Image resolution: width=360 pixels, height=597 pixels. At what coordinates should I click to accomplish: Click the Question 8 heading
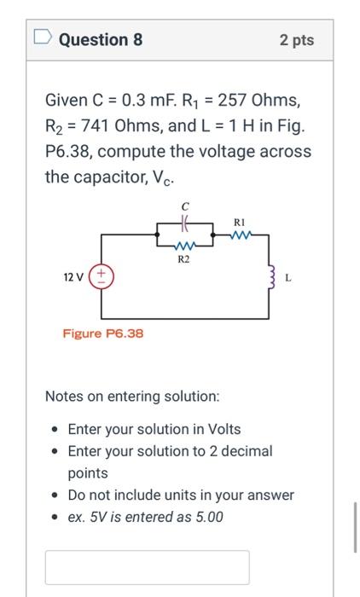101,40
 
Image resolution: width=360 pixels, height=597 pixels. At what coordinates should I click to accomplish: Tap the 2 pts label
296,40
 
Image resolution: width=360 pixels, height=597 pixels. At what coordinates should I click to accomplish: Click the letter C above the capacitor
184,205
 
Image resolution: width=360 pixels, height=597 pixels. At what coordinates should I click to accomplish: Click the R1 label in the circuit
240,222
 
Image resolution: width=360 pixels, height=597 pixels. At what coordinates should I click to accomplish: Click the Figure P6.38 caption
102,333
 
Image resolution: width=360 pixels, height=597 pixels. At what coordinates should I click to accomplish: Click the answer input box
147,567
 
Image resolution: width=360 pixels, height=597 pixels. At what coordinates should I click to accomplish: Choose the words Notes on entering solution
132,397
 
